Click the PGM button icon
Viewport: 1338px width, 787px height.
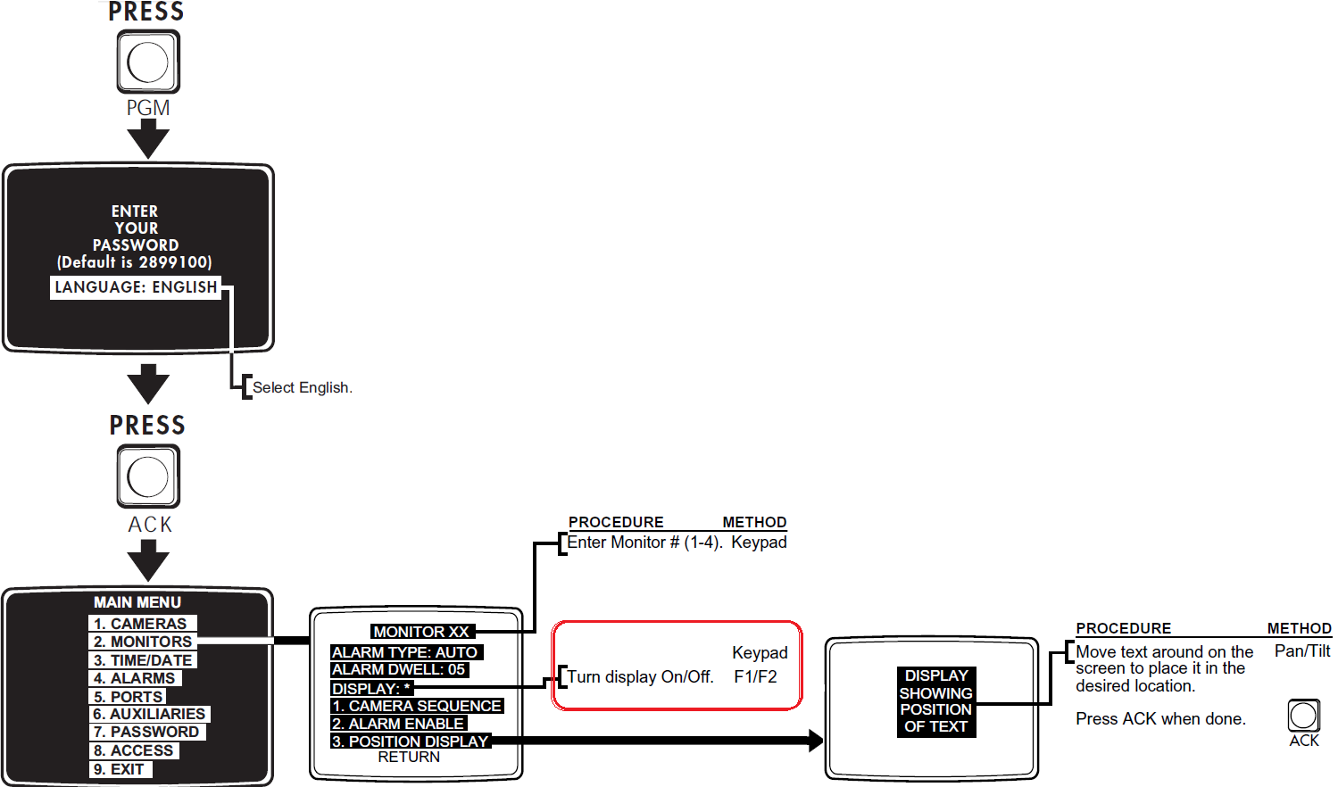(148, 62)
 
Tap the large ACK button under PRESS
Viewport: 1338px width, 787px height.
(148, 476)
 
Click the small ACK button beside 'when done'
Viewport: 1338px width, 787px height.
(1303, 715)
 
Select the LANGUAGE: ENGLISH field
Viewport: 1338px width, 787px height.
(136, 287)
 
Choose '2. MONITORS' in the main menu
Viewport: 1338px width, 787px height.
(143, 642)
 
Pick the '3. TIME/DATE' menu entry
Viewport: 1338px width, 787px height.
(143, 660)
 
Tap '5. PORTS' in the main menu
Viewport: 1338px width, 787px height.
(129, 697)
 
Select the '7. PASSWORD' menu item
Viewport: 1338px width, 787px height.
(146, 732)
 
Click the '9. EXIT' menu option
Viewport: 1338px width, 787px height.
(120, 769)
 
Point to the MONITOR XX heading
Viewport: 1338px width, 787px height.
(420, 632)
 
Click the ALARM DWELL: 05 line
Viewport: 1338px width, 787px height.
(398, 669)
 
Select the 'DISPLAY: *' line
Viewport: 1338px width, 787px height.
(371, 689)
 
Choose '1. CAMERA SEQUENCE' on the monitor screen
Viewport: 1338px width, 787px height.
(416, 706)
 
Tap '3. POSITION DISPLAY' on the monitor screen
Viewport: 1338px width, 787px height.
(410, 741)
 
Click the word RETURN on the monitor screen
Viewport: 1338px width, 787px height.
(409, 757)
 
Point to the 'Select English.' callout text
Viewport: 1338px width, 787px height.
(302, 387)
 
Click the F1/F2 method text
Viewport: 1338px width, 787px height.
(755, 676)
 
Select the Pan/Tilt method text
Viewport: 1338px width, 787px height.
(1301, 651)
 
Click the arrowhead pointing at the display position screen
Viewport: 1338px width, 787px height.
(814, 741)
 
